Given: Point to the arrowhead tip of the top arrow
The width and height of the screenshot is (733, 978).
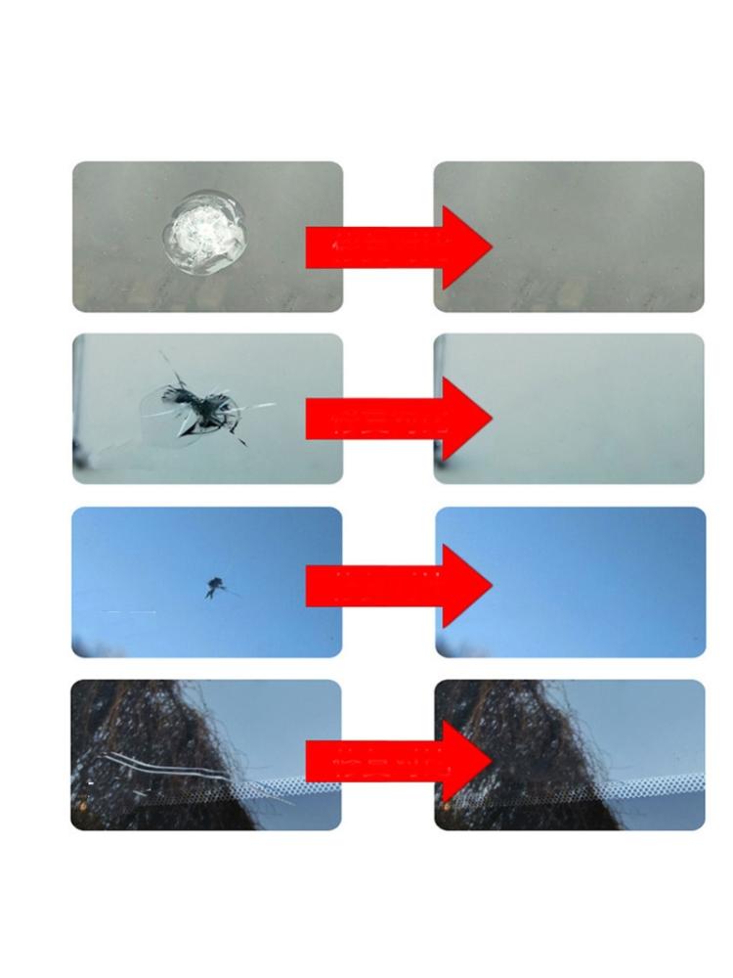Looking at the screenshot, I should [x=488, y=247].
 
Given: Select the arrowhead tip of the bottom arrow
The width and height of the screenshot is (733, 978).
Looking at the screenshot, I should [x=488, y=761].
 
